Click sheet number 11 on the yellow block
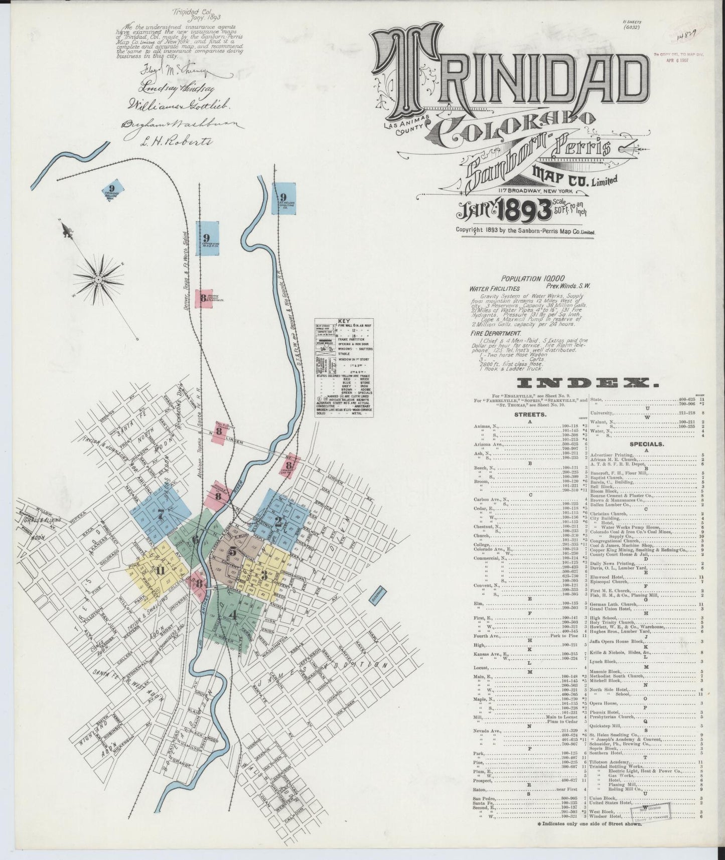point(160,570)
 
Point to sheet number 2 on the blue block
point(278,520)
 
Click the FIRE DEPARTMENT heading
point(495,333)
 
